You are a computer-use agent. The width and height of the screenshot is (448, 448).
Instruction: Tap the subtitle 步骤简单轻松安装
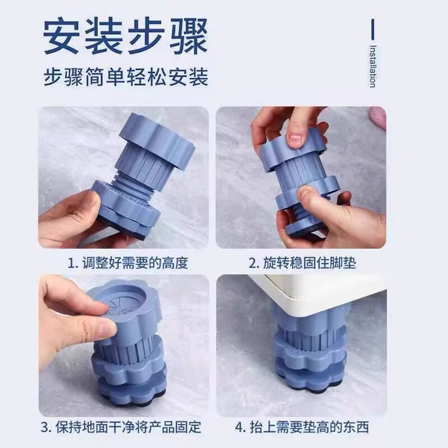[125, 77]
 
